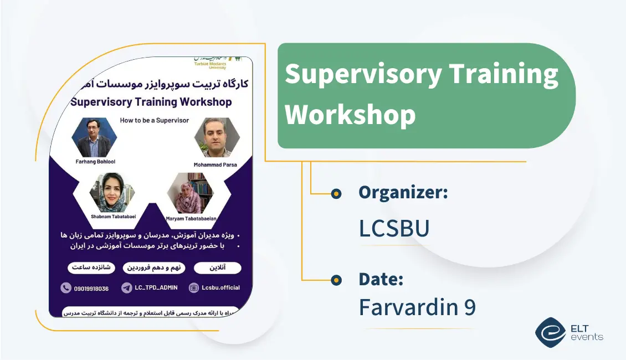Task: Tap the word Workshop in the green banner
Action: point(350,115)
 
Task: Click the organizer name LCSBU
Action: point(394,228)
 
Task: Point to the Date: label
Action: point(381,279)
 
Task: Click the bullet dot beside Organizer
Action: point(336,193)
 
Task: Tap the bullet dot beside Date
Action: point(336,280)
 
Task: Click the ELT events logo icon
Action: point(550,332)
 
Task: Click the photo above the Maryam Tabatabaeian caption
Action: point(189,194)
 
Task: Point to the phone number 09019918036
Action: point(91,288)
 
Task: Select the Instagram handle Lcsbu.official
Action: point(220,288)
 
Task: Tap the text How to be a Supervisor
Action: point(155,120)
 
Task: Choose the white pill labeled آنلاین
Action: point(217,268)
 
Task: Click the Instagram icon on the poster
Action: point(194,288)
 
